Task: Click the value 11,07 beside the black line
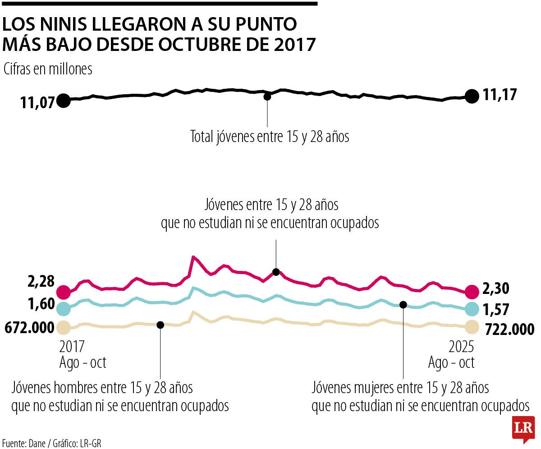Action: pos(37,102)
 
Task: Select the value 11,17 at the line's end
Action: pos(500,95)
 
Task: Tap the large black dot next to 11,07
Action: pos(64,101)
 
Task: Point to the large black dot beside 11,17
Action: pos(472,96)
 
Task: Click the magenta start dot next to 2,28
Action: pos(64,292)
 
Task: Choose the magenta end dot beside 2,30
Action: pos(472,292)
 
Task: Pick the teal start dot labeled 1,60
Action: pos(64,308)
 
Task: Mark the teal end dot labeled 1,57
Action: pos(472,309)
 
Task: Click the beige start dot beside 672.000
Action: pos(64,327)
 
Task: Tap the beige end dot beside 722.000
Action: pos(472,326)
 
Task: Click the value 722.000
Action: pos(510,329)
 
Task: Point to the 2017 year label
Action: pos(72,347)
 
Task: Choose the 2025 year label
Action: pos(461,347)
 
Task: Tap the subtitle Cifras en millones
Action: pos(48,69)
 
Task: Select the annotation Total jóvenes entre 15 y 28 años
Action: pos(270,137)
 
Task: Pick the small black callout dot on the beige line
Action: pos(160,324)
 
